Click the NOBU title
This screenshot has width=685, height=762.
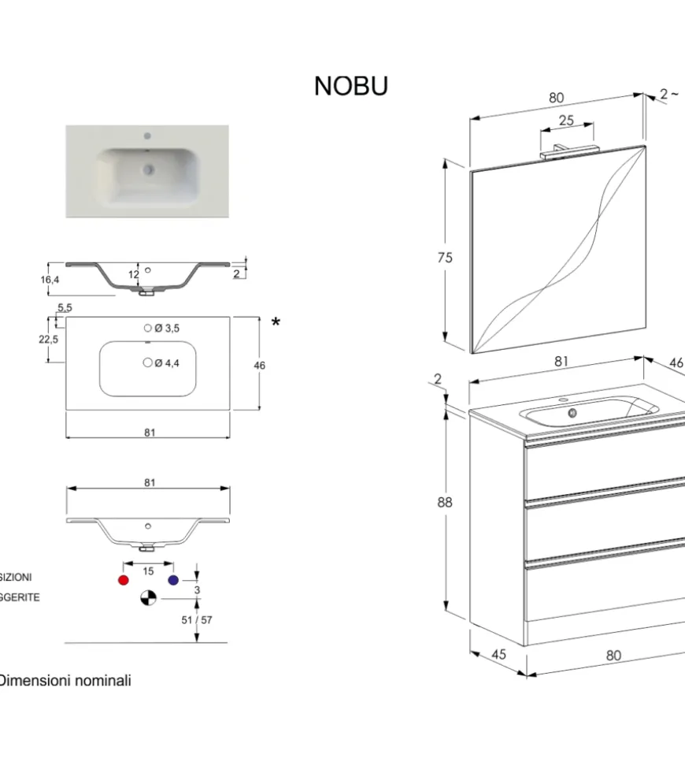click(351, 86)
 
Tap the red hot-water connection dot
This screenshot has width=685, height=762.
click(122, 581)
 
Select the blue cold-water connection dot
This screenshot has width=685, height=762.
click(173, 581)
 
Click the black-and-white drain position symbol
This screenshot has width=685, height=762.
click(148, 599)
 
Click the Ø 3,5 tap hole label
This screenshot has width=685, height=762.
click(167, 329)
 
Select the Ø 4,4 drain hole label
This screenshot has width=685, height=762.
click(167, 363)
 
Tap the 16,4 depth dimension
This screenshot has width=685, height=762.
click(50, 280)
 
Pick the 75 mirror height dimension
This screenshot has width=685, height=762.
click(446, 258)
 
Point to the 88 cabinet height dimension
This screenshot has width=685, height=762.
click(446, 503)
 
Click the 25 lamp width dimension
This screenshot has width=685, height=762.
click(565, 121)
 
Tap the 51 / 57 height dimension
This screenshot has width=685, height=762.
click(197, 619)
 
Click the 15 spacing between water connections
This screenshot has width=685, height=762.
click(148, 571)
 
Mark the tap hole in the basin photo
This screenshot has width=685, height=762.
click(146, 136)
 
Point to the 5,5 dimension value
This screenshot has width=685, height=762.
click(65, 307)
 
